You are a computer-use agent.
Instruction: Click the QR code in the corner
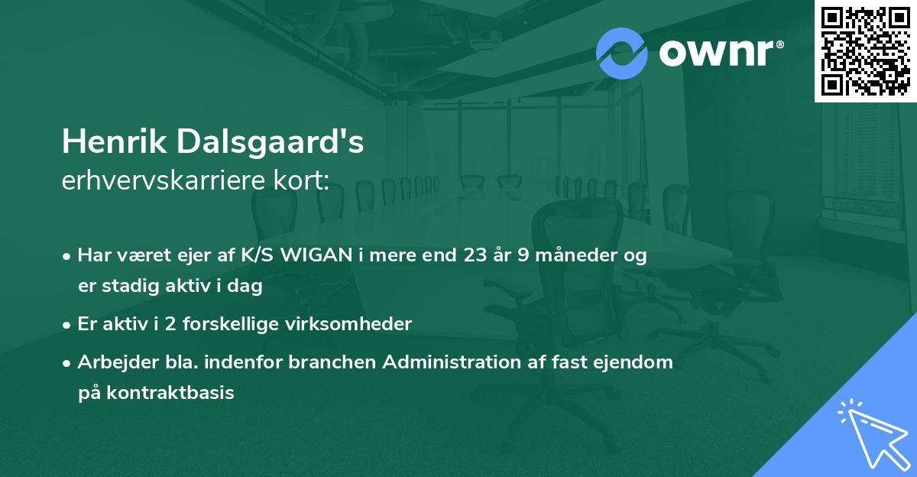point(865,51)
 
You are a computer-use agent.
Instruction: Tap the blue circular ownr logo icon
point(621,53)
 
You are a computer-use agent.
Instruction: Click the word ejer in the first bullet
point(199,256)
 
